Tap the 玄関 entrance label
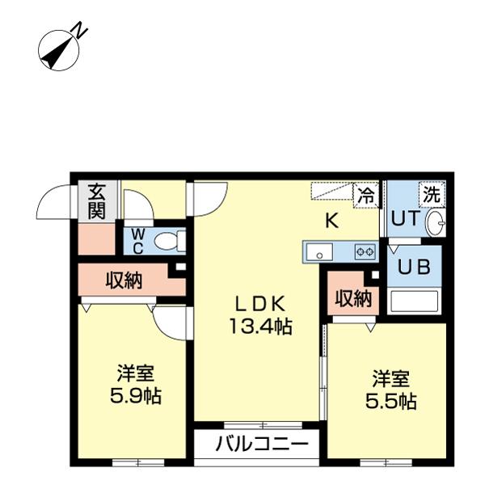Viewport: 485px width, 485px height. pyautogui.click(x=97, y=201)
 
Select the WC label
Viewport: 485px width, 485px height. pyautogui.click(x=137, y=239)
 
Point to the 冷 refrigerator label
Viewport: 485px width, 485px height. pyautogui.click(x=366, y=195)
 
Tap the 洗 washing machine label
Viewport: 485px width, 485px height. pyautogui.click(x=432, y=194)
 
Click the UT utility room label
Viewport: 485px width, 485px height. pyautogui.click(x=403, y=219)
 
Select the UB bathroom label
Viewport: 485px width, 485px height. pyautogui.click(x=414, y=267)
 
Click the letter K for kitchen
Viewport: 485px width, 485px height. pyautogui.click(x=331, y=220)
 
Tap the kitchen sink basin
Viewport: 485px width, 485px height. pyautogui.click(x=320, y=252)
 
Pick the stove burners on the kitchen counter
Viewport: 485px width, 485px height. pyautogui.click(x=365, y=252)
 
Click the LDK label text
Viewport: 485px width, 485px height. pyautogui.click(x=259, y=305)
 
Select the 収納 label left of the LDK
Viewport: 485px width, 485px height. pyautogui.click(x=124, y=280)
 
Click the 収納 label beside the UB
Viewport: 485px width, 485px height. pyautogui.click(x=353, y=298)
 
